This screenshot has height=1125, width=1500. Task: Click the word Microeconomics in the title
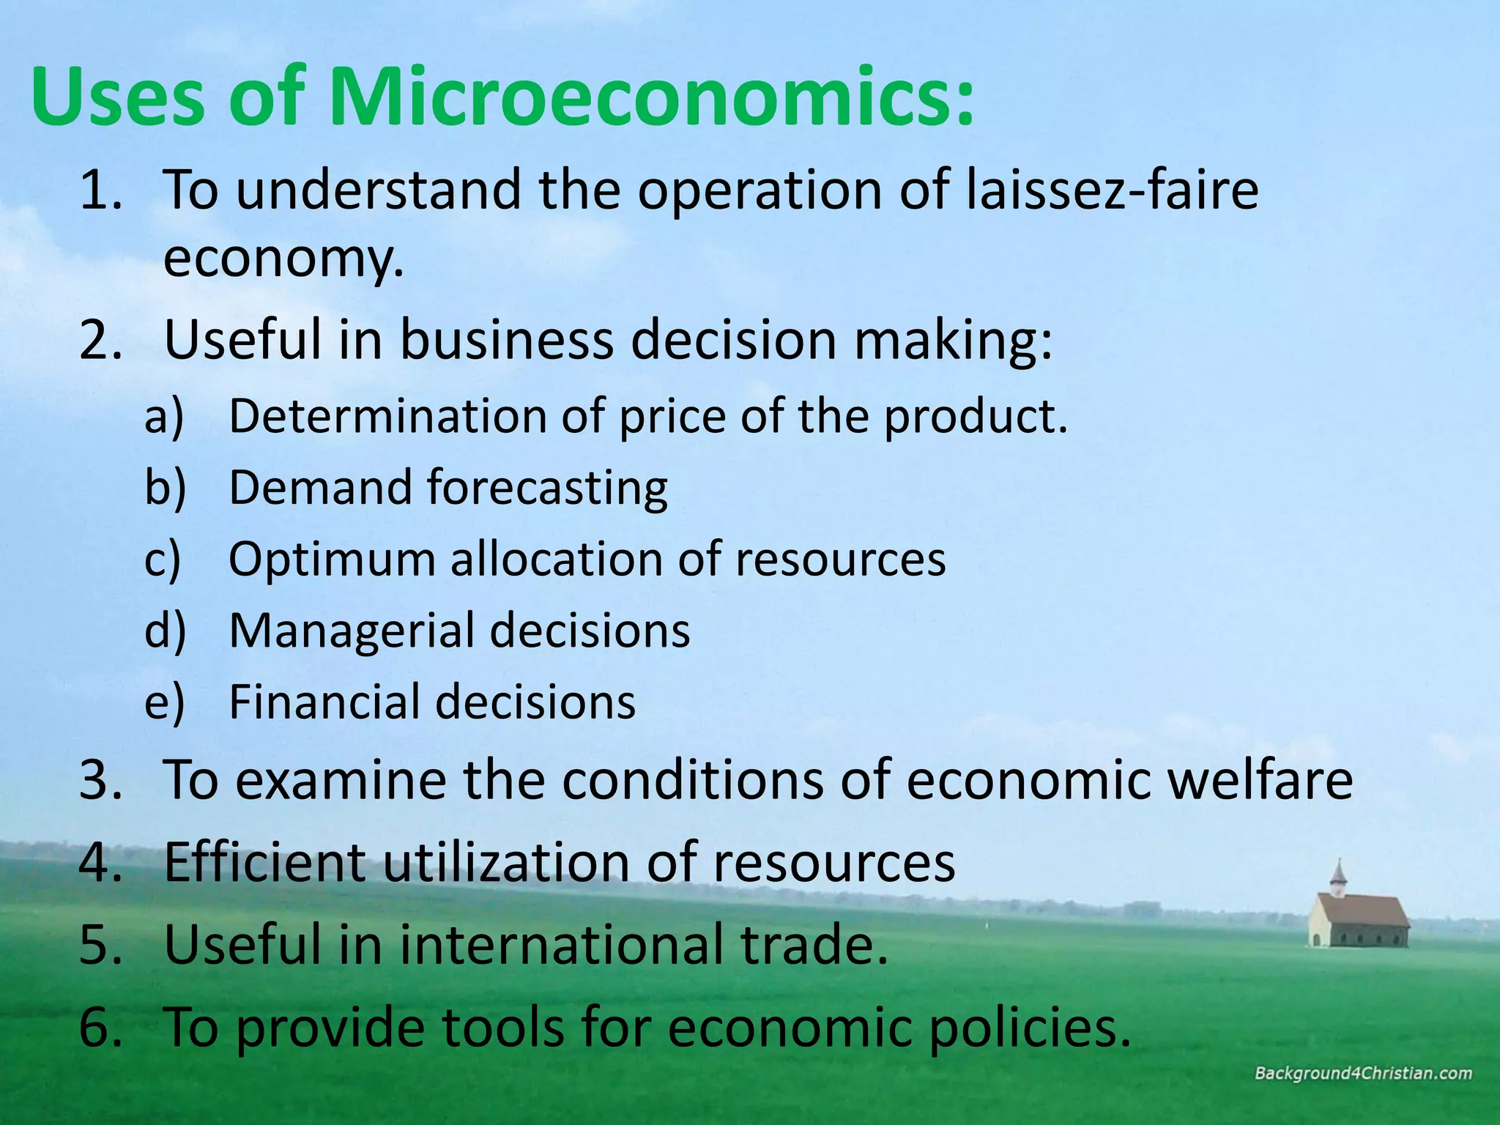click(652, 98)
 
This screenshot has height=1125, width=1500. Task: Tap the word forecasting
click(548, 488)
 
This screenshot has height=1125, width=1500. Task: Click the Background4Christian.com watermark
click(1363, 1074)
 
